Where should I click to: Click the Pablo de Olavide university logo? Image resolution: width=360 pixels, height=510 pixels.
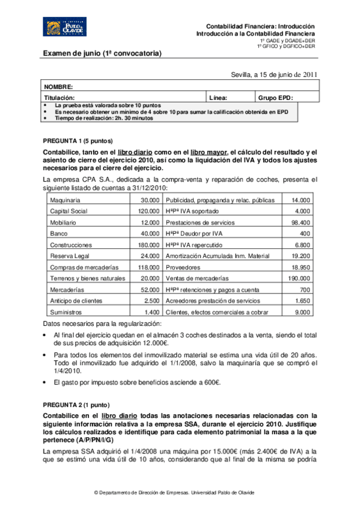(63, 27)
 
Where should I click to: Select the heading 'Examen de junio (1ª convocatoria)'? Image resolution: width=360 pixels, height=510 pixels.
(103, 54)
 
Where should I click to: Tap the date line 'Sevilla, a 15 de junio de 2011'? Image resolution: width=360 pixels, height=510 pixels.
(274, 75)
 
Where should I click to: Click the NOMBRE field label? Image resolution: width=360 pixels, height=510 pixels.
(59, 87)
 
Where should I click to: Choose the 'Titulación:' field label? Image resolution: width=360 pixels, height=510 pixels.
(59, 97)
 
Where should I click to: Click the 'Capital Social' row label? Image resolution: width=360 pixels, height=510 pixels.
(69, 211)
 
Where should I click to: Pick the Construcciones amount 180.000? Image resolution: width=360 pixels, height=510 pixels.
(148, 245)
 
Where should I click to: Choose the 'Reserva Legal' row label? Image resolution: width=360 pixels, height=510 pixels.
(68, 256)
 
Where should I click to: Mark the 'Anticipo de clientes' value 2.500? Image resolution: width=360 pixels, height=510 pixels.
(151, 301)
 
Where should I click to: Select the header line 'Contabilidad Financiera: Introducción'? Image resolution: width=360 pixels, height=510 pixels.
(260, 26)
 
